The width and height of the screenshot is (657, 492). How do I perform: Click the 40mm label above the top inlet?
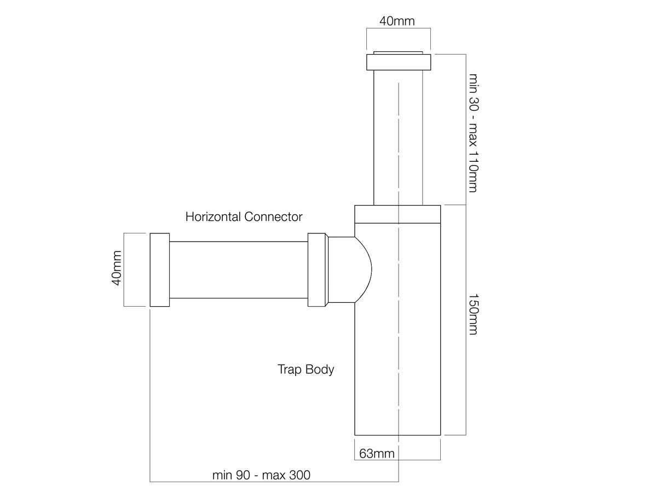point(397,21)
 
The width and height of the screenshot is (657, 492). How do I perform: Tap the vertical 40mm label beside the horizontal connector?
point(116,270)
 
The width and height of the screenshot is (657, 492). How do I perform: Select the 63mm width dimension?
point(377,453)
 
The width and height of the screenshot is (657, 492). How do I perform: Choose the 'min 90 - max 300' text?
point(261,475)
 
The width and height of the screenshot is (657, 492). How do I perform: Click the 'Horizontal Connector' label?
point(244,217)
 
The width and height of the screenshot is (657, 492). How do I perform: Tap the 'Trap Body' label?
point(306,370)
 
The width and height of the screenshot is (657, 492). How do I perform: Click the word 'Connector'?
point(273,217)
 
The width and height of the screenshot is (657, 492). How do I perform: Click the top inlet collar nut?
point(398,62)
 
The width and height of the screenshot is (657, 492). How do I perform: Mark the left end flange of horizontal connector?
point(159,270)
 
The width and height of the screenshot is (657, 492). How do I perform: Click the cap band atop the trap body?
point(397,214)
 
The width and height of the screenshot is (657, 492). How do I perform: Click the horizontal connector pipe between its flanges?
point(238,270)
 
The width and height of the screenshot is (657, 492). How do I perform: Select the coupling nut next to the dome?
point(318,270)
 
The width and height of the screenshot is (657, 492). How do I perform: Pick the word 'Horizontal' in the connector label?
point(214,217)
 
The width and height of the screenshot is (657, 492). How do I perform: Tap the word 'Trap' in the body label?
point(290,370)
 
